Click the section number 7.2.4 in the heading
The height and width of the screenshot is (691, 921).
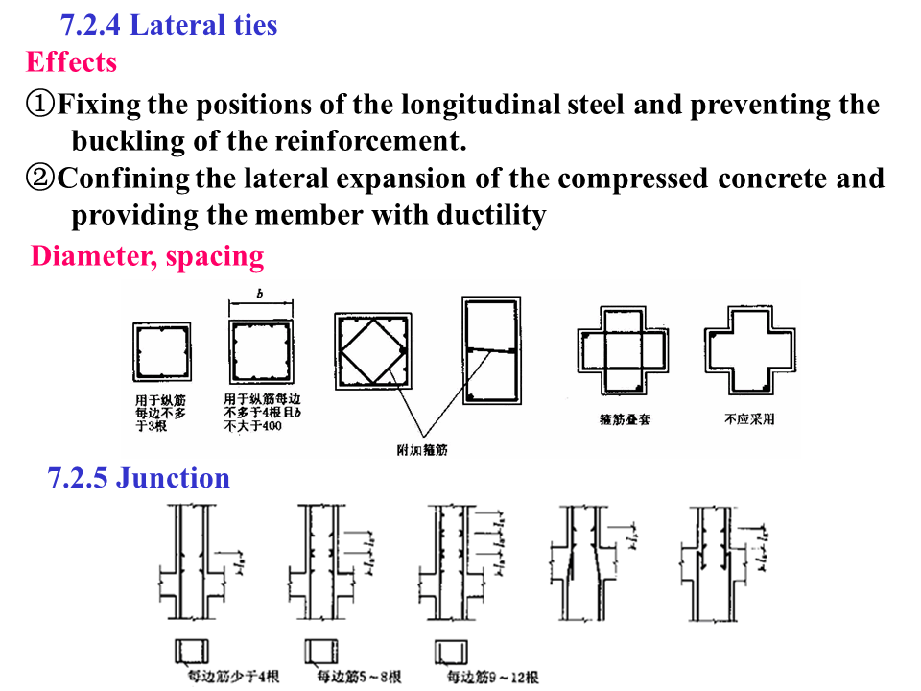[91, 24]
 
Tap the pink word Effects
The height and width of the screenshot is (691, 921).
[71, 62]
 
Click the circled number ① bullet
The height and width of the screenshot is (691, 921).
[41, 104]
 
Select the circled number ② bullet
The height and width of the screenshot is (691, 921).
[41, 179]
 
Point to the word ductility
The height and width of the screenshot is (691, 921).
[491, 215]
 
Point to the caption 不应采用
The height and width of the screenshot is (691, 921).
[749, 419]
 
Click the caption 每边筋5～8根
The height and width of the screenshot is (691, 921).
[359, 678]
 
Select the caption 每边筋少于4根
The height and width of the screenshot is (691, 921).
[233, 678]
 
